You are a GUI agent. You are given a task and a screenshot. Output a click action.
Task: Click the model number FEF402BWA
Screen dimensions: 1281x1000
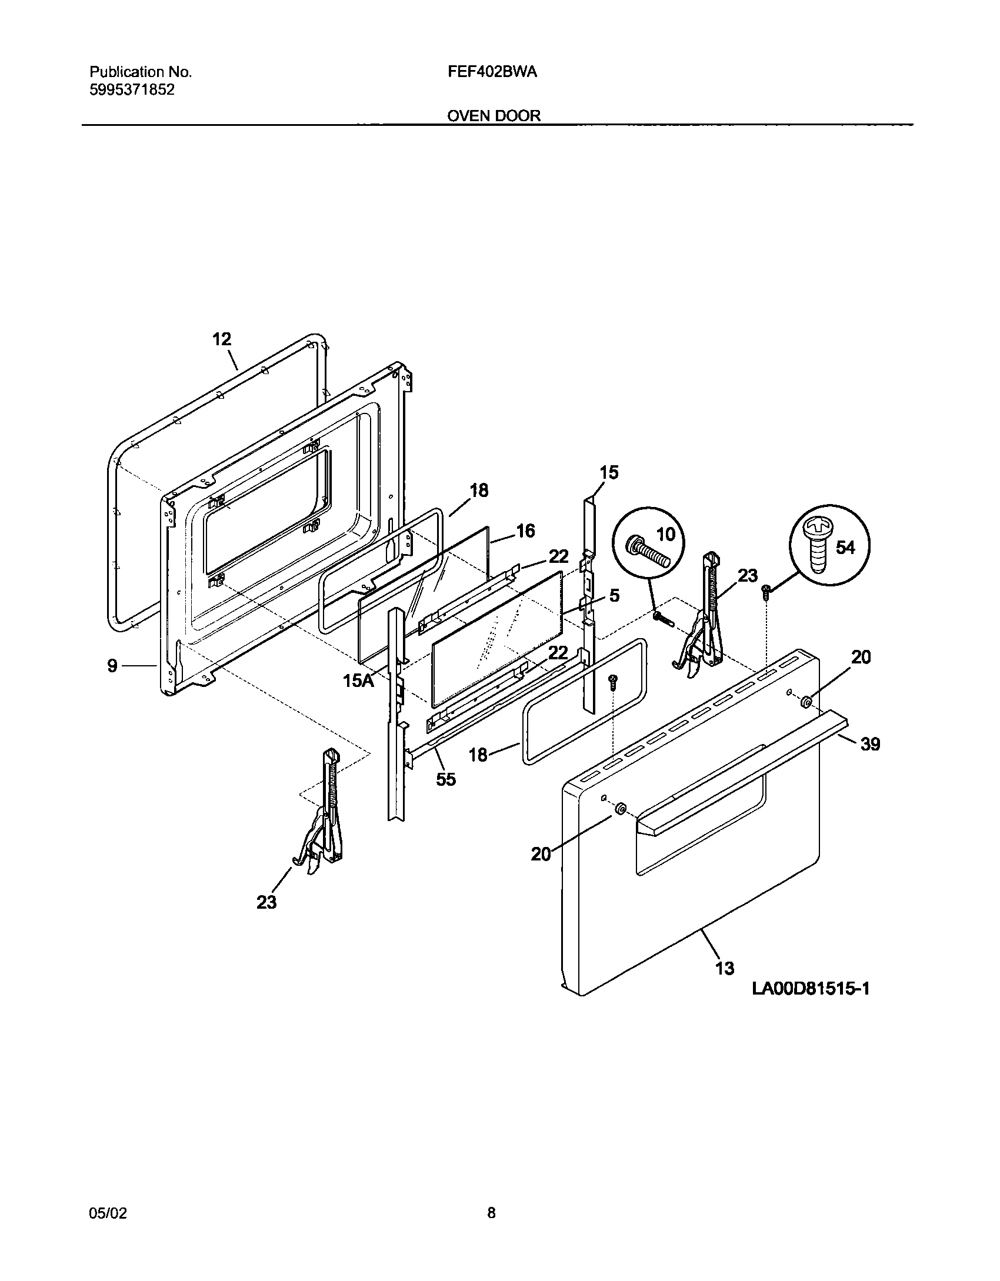coord(492,72)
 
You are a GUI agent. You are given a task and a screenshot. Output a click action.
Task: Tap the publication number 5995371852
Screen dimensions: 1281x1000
coord(132,90)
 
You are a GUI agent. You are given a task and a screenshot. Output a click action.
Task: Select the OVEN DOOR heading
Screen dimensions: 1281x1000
coord(494,116)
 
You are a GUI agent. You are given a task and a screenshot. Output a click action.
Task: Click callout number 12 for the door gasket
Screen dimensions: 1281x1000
coord(222,339)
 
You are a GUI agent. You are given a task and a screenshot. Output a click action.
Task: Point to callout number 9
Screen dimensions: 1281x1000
coord(112,666)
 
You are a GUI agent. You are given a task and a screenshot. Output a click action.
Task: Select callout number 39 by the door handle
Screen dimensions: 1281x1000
coord(870,744)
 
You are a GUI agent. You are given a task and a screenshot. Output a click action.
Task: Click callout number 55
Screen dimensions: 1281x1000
coord(445,779)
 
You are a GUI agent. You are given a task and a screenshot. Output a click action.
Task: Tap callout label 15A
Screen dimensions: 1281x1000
coord(358,681)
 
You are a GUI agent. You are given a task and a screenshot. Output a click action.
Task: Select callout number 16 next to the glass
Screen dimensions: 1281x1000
coord(525,531)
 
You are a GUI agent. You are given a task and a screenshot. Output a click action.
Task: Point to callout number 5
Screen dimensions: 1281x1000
coord(614,595)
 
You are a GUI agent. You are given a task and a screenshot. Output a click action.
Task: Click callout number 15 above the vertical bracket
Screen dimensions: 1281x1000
coord(609,472)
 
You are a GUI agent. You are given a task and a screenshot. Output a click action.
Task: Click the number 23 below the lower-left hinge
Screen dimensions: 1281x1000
coord(266,902)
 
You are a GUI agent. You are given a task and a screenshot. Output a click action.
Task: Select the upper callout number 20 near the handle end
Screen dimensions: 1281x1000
coord(861,657)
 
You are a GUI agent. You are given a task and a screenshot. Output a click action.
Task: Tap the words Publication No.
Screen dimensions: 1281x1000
coord(141,72)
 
